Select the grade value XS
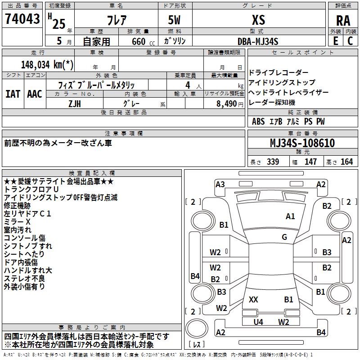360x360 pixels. (x=258, y=20)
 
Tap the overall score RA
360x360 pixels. (x=343, y=20)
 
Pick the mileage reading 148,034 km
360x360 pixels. (x=47, y=65)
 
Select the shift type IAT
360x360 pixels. (x=13, y=94)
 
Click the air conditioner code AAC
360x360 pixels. (x=34, y=94)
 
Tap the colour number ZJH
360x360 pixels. (x=75, y=103)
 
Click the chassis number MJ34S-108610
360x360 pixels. (x=302, y=143)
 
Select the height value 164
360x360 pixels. (x=346, y=162)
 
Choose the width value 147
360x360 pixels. (x=310, y=162)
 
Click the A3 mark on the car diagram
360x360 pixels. (x=220, y=184)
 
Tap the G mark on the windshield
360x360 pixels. (x=284, y=237)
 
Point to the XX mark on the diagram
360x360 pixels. (x=253, y=299)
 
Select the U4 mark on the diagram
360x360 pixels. (x=258, y=322)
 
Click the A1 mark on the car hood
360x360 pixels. (x=290, y=216)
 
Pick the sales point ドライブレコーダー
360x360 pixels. (x=279, y=73)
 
